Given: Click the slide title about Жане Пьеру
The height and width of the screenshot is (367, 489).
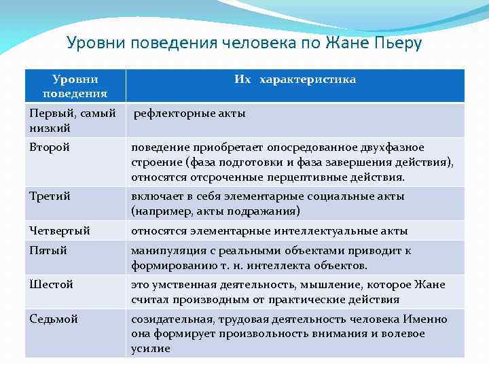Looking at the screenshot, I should point(244,43).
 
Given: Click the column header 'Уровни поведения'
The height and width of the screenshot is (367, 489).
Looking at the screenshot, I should point(75,86).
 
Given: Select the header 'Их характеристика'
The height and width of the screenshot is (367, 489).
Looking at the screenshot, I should point(295,80).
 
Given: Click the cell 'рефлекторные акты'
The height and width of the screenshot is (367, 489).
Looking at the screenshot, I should point(189,113).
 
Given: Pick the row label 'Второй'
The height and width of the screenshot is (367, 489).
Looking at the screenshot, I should point(50,147).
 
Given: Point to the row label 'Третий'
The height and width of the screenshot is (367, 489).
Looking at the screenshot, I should point(49,196).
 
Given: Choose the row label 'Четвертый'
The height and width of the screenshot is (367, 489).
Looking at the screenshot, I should point(60,230).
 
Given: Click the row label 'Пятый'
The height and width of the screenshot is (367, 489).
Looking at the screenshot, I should point(48,250).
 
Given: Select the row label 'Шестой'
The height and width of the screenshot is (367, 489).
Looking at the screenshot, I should point(52,284).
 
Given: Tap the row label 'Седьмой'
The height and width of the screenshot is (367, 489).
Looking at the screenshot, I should point(54,319).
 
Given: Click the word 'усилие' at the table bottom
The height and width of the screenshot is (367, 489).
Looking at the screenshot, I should point(151,349).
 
